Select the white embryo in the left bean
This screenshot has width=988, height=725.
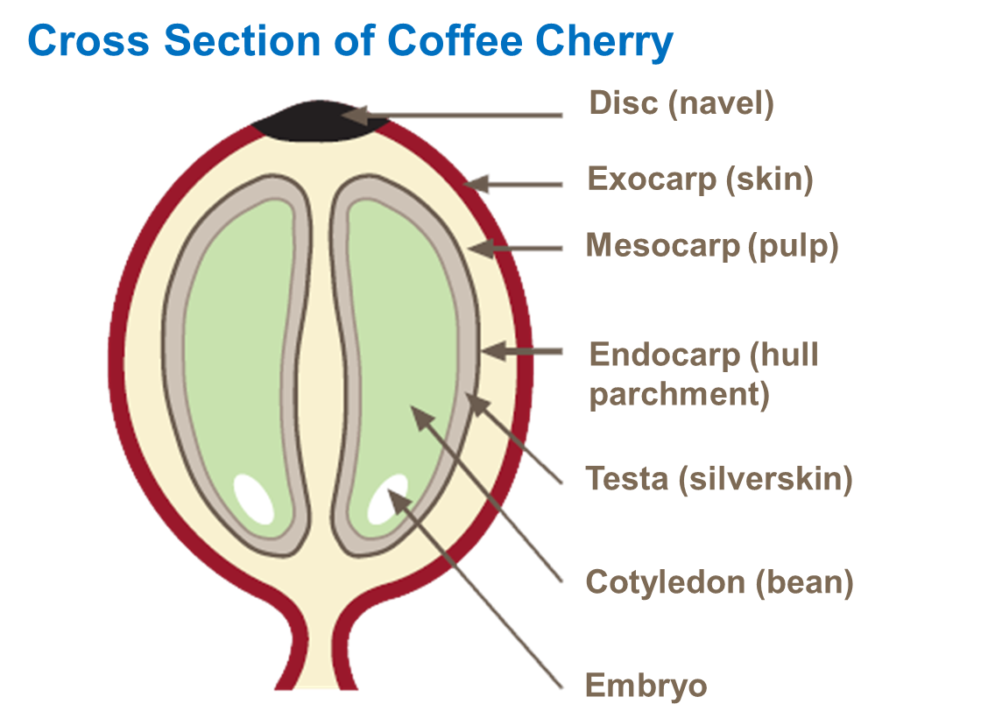252,497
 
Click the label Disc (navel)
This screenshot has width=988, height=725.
681,103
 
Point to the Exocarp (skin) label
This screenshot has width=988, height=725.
700,179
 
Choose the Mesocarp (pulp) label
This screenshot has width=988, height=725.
711,246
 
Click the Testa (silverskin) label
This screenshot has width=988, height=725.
718,479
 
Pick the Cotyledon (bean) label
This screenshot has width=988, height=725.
718,581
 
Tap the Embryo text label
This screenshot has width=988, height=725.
646,686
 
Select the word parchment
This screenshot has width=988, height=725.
679,395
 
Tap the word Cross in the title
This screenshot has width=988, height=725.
84,41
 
